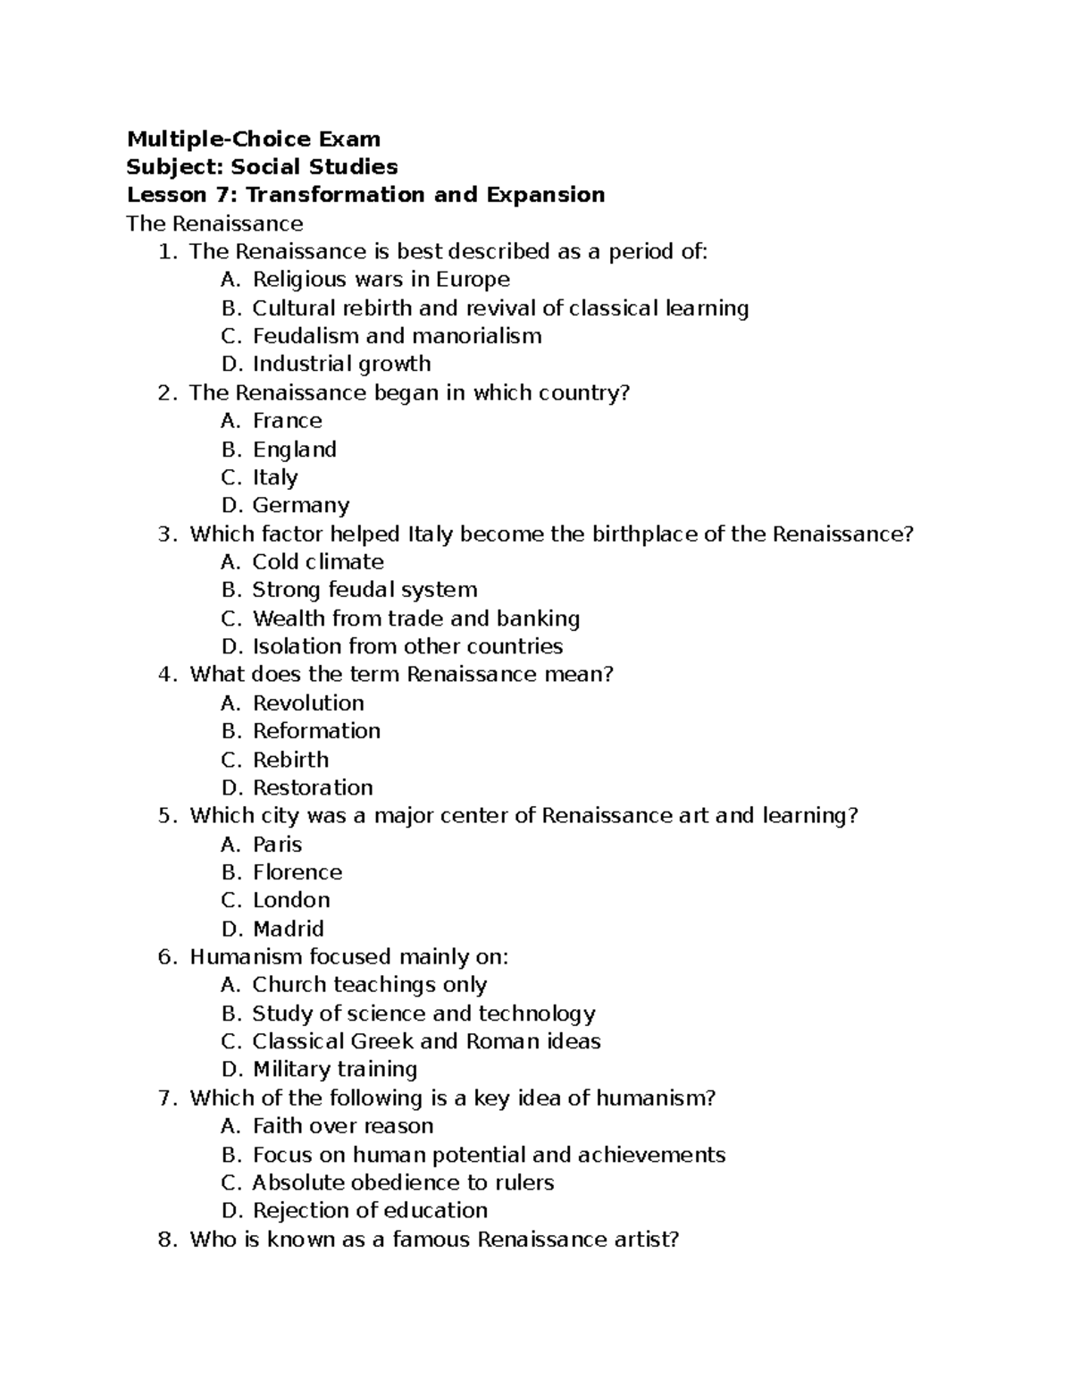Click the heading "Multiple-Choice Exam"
pyautogui.click(x=254, y=139)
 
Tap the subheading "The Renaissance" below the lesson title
pyautogui.click(x=214, y=223)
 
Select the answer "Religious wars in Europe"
pyautogui.click(x=381, y=279)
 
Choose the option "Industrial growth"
pyautogui.click(x=341, y=364)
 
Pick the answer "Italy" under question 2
pyautogui.click(x=275, y=477)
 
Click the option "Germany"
pyautogui.click(x=301, y=505)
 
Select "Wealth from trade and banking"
pyautogui.click(x=416, y=618)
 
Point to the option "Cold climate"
pyautogui.click(x=318, y=561)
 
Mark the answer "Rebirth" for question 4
pyautogui.click(x=290, y=760)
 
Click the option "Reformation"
pyautogui.click(x=316, y=731)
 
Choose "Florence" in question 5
pyautogui.click(x=297, y=872)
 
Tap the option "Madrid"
pyautogui.click(x=288, y=929)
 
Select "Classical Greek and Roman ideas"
pyautogui.click(x=426, y=1041)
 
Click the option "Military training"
pyautogui.click(x=335, y=1069)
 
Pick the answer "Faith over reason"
pyautogui.click(x=343, y=1126)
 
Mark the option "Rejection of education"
pyautogui.click(x=370, y=1210)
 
